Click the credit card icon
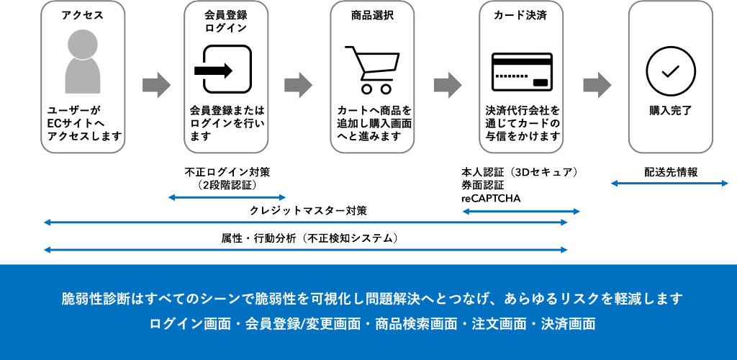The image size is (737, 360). pos(522,72)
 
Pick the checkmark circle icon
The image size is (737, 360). pos(670,71)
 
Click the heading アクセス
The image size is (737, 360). pos(83,15)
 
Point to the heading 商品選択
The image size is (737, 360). pos(372,15)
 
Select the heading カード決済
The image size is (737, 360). pos(520,15)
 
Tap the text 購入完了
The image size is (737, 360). pos(670,111)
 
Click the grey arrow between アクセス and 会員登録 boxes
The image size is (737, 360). pos(155,85)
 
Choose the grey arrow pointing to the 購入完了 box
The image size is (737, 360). pos(596,85)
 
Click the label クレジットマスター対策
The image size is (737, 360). pos(307,211)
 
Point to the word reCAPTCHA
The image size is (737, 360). pos(491,198)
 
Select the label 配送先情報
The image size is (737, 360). pos(670,173)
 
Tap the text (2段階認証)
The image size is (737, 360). pos(227,184)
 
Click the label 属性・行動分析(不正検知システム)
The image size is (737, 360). pos(309,238)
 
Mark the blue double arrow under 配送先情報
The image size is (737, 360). pos(669,184)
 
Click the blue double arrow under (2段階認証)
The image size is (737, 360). pos(227,197)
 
